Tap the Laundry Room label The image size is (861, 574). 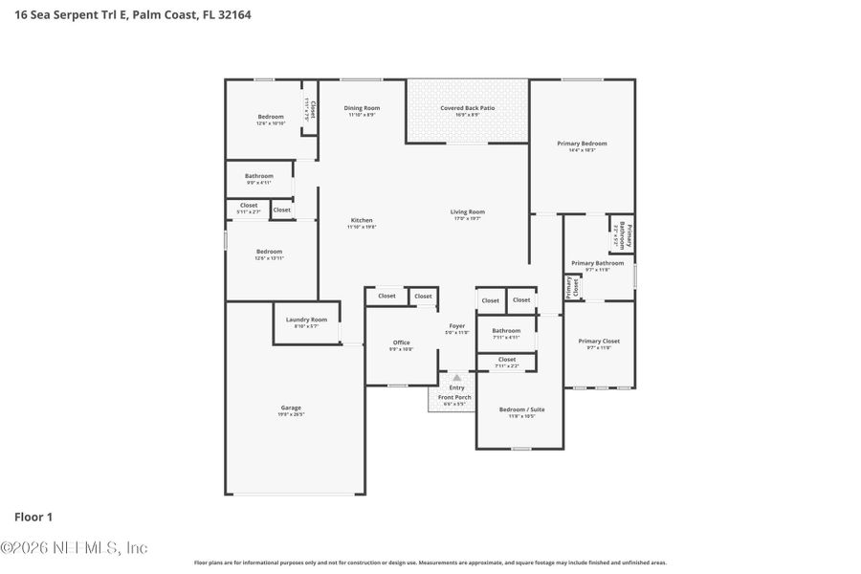(x=306, y=320)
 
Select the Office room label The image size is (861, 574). (x=401, y=342)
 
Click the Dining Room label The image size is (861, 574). (x=362, y=108)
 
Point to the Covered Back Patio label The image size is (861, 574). (x=467, y=108)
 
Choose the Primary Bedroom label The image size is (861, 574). (x=582, y=143)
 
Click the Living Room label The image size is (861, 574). (x=468, y=212)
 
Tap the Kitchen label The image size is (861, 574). (x=361, y=220)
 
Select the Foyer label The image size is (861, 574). (x=457, y=326)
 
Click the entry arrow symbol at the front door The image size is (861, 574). (x=457, y=378)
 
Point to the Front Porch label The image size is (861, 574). (x=454, y=397)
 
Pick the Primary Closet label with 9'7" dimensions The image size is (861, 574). (x=598, y=342)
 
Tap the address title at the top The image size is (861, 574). (x=133, y=15)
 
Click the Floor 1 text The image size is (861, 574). (x=33, y=517)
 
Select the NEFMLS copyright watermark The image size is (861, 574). (x=74, y=548)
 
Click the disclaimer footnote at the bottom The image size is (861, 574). (x=430, y=563)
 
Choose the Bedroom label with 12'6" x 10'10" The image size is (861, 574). (x=270, y=117)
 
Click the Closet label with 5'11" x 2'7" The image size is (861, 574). (x=249, y=206)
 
